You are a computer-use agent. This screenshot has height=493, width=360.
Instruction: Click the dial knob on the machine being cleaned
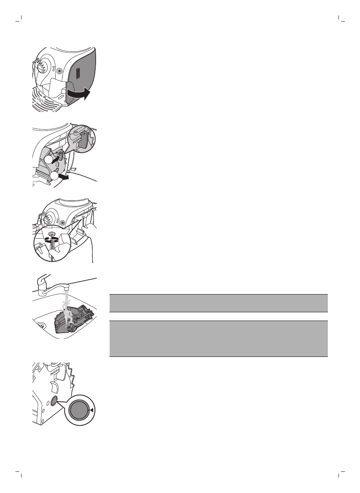[46, 220]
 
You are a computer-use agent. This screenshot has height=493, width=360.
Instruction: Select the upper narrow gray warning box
[218, 303]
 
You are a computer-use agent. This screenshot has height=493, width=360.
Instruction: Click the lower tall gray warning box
[218, 338]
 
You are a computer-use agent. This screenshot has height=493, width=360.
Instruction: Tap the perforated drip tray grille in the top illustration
[44, 100]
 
